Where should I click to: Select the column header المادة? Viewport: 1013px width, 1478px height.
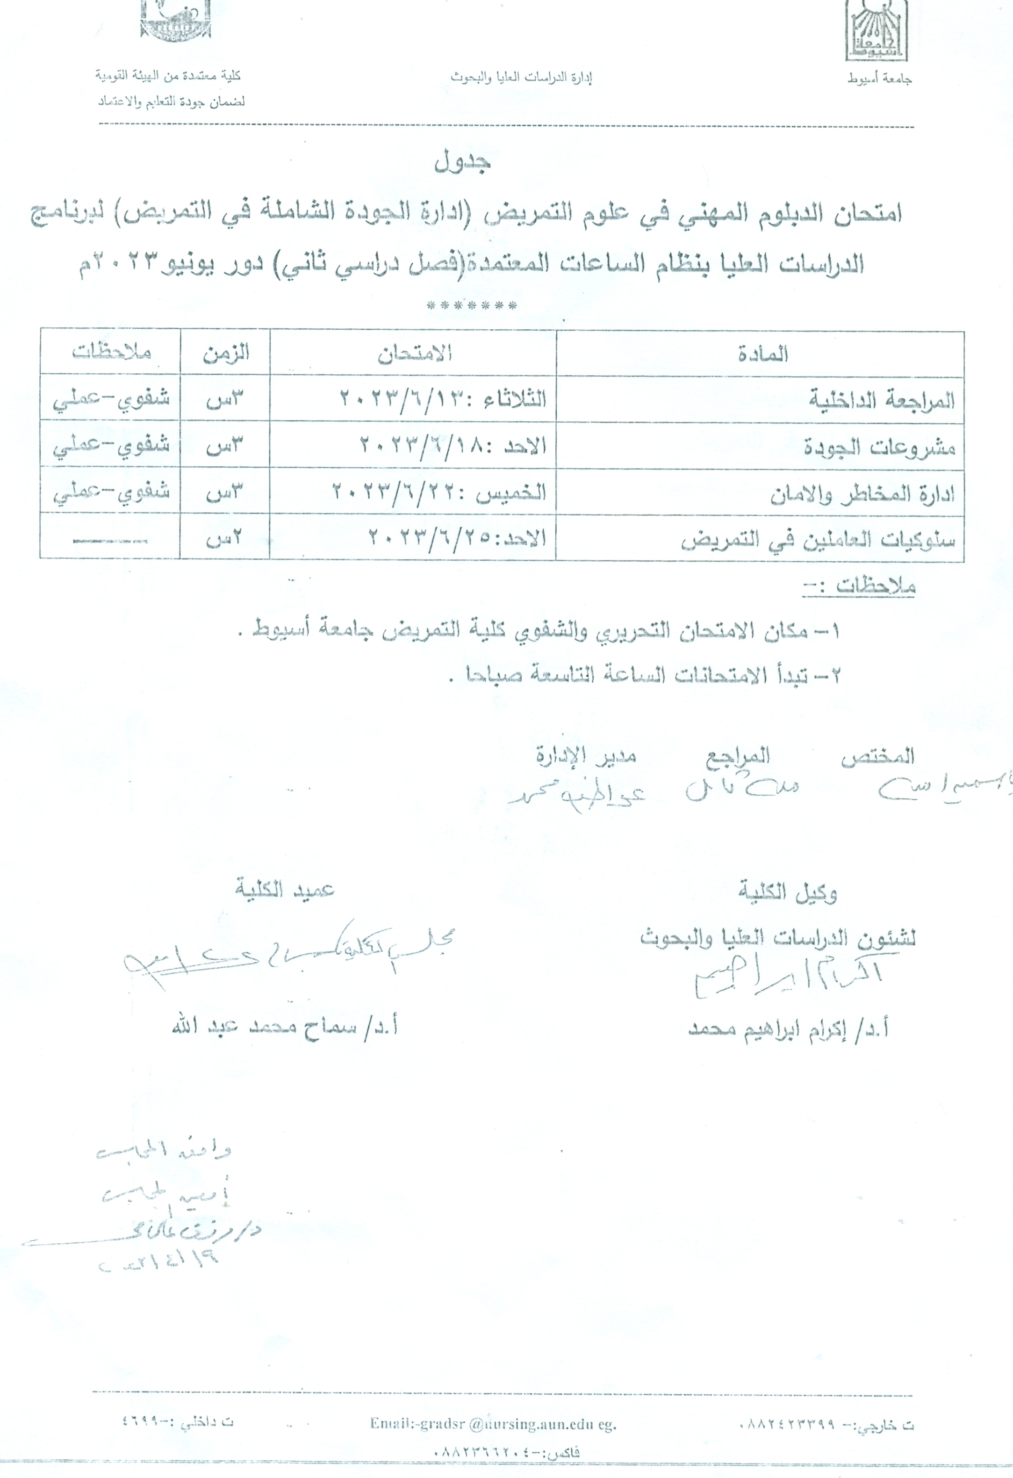[x=762, y=354]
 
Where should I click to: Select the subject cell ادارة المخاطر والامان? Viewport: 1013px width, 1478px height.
[x=862, y=493]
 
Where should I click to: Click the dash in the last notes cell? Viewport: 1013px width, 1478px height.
[x=109, y=541]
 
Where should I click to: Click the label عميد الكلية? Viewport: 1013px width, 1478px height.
[x=285, y=889]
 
